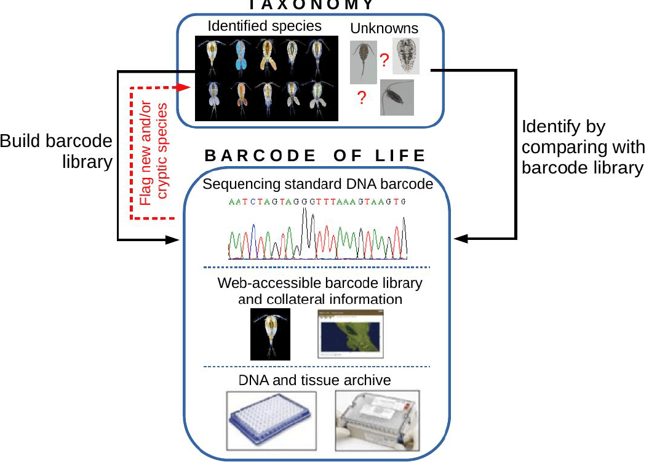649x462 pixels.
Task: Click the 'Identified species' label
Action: tap(265, 26)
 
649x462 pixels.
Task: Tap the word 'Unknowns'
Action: tap(384, 28)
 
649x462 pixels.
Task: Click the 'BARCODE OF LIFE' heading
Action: tap(316, 155)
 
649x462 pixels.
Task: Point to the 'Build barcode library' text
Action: tap(57, 151)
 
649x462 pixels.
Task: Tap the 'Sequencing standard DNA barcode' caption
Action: tap(317, 183)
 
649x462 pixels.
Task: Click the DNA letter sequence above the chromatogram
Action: tap(317, 202)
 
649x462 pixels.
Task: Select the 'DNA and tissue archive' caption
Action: tap(315, 380)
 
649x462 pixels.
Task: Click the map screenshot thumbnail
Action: tap(349, 333)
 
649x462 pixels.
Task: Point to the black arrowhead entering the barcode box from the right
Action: tap(458, 238)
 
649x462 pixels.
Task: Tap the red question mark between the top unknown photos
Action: tap(384, 60)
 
